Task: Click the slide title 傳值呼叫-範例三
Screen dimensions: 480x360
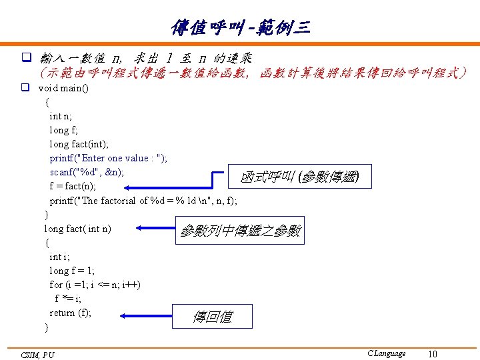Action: click(x=240, y=27)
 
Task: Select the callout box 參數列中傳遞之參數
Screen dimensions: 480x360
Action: click(x=240, y=231)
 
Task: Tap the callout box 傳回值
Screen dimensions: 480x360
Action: click(x=213, y=317)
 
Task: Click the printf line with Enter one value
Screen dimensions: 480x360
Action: click(x=109, y=158)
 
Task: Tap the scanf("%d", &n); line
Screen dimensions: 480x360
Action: click(x=87, y=172)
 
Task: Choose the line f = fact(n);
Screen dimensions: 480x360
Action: click(x=73, y=186)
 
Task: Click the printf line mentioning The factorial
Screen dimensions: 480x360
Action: click(x=143, y=200)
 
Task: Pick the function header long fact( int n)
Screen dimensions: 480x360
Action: click(x=78, y=229)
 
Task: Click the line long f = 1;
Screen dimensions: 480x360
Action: click(x=72, y=271)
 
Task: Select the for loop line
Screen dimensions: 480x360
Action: click(x=95, y=285)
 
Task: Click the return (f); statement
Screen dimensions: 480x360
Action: click(x=71, y=313)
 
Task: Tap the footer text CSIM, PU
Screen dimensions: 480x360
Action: click(x=38, y=355)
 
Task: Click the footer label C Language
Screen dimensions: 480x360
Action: click(x=386, y=353)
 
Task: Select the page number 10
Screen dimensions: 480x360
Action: click(x=433, y=354)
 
